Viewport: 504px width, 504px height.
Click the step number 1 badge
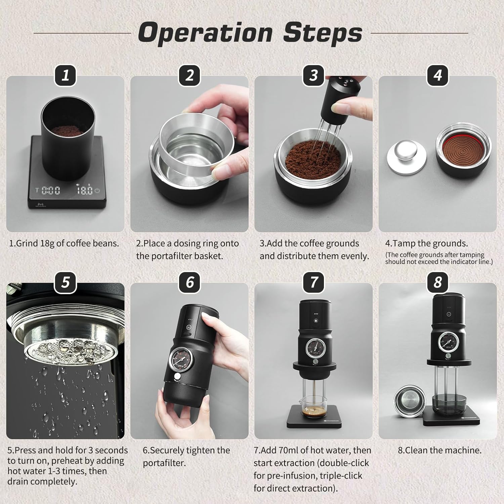point(66,75)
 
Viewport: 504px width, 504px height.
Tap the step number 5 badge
point(66,282)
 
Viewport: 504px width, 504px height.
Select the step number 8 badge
point(437,282)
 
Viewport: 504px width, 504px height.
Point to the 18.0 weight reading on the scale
point(84,191)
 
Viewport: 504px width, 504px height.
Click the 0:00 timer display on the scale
point(50,191)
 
